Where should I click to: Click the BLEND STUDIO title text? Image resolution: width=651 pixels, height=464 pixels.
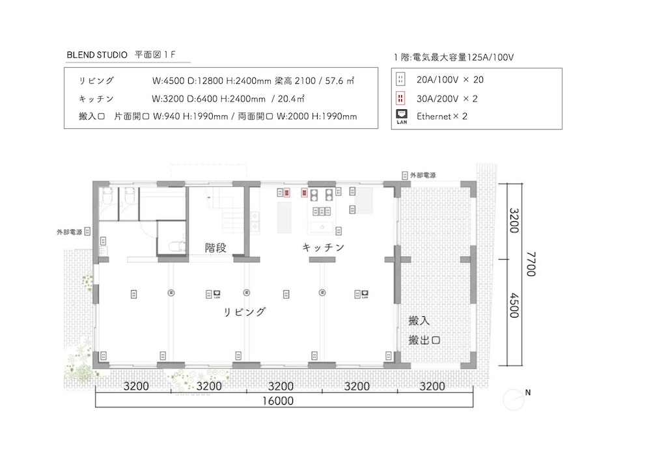coord(97,55)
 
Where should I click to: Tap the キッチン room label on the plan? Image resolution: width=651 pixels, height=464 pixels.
coord(324,248)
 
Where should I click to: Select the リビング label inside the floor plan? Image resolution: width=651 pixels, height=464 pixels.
coord(245,312)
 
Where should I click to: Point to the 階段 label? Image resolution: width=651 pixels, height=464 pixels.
coord(216,248)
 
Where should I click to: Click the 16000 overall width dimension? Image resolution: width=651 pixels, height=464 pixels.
coord(278,401)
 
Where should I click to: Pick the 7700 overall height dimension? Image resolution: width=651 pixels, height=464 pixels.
coord(531,264)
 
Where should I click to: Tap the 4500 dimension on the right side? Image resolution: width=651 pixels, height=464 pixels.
coord(514,305)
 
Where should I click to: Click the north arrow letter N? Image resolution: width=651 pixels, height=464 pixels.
coord(528,392)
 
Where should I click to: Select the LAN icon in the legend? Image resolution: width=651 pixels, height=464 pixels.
coord(402,116)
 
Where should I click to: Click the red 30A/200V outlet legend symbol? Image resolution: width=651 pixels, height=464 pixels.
coord(400,98)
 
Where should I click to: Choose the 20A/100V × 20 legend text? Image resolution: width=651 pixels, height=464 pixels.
coord(450,79)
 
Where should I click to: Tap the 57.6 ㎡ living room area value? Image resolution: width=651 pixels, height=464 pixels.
coord(339,81)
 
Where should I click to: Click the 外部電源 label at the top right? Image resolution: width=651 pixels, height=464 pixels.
coord(423,176)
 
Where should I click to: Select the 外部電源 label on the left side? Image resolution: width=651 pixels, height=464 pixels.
coord(70,232)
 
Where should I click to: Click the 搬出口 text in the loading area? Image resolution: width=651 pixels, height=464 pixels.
coord(424,340)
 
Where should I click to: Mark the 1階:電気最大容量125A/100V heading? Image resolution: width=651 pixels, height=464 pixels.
coord(454,57)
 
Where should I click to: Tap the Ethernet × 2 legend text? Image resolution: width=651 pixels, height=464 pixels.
coord(442,116)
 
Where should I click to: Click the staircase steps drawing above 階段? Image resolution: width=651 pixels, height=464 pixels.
coord(222,213)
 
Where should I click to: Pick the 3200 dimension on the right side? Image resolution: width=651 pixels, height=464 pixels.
coord(514,220)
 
